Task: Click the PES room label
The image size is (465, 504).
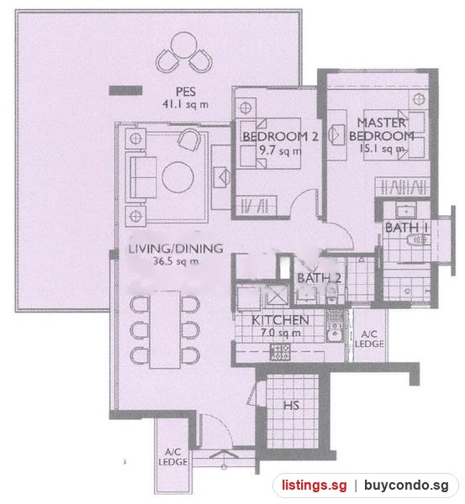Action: (x=186, y=92)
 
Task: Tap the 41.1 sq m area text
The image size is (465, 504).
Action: (x=185, y=104)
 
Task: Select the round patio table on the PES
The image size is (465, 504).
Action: (x=184, y=45)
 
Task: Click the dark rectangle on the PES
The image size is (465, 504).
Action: (x=125, y=91)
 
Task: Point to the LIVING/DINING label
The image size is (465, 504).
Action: (x=176, y=249)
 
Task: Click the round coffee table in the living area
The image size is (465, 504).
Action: (x=178, y=177)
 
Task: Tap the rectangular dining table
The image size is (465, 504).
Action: (x=165, y=329)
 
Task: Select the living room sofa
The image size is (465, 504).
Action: (x=141, y=177)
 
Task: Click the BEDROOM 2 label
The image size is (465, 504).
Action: (x=280, y=137)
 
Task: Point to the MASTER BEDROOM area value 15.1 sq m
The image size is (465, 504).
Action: (x=382, y=149)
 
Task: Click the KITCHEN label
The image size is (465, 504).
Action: (x=280, y=320)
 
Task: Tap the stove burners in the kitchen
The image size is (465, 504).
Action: (x=280, y=352)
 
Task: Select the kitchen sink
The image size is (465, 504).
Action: (x=335, y=331)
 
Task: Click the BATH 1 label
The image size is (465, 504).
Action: (x=406, y=228)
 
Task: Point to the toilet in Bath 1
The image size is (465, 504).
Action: (x=416, y=239)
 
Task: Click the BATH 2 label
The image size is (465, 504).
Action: (x=319, y=278)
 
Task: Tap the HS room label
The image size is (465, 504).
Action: (x=291, y=406)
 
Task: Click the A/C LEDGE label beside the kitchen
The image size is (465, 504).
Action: (x=369, y=339)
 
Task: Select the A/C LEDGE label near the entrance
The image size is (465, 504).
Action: (x=173, y=457)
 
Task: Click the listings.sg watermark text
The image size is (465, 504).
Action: (x=314, y=486)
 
